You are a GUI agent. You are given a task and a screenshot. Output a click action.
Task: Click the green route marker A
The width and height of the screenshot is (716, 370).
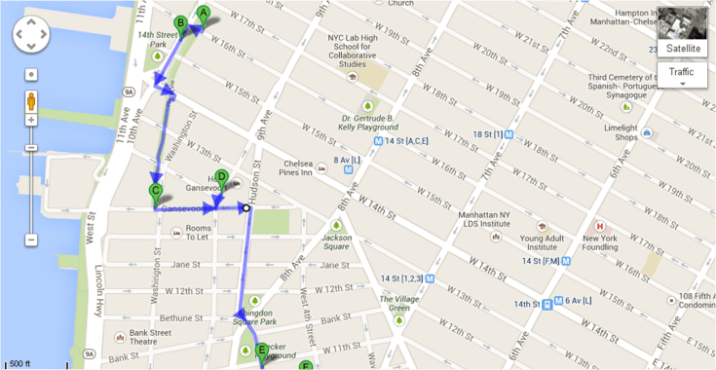point(204,14)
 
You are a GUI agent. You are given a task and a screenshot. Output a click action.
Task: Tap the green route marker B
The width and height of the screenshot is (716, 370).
point(180,23)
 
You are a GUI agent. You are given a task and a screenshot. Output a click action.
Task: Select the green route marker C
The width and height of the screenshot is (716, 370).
point(156,192)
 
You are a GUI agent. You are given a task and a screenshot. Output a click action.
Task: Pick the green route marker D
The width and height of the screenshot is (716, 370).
point(221,178)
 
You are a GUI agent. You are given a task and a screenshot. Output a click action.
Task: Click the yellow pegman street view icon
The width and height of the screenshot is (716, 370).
point(31,101)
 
